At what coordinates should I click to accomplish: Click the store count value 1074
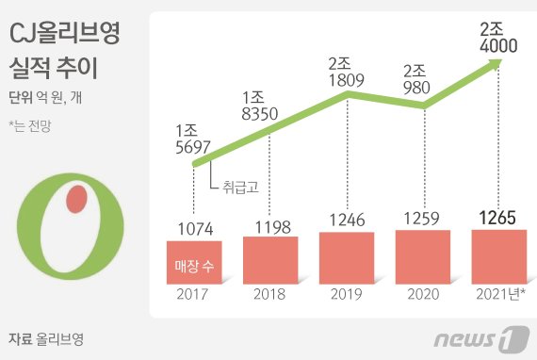click(x=195, y=228)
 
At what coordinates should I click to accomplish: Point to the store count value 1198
click(x=271, y=225)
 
